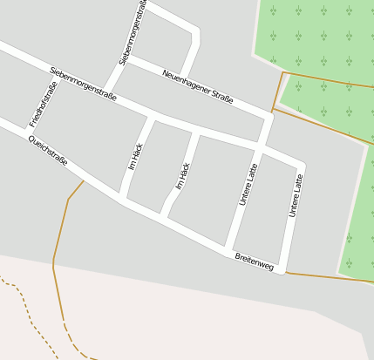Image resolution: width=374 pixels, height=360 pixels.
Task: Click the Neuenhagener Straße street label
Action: [198, 87]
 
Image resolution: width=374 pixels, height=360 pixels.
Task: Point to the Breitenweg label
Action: [254, 261]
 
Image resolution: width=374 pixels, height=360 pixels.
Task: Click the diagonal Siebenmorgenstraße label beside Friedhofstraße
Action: [84, 84]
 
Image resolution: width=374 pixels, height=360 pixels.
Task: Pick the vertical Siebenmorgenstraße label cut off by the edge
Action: [134, 32]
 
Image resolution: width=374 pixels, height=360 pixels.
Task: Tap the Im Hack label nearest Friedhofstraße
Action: [136, 156]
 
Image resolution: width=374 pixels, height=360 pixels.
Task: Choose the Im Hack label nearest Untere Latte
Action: [183, 175]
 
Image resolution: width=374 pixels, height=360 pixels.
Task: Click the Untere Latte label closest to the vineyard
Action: [296, 195]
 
